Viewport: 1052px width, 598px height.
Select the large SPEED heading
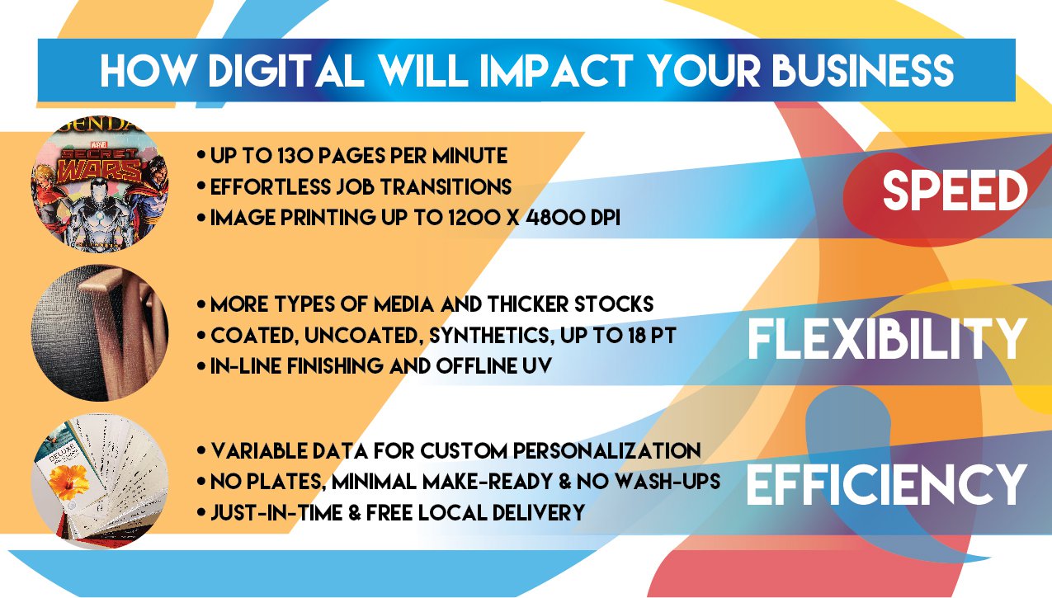[x=955, y=192]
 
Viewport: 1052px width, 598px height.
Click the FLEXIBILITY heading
[x=887, y=339]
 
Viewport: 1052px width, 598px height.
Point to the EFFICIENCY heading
[x=887, y=484]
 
